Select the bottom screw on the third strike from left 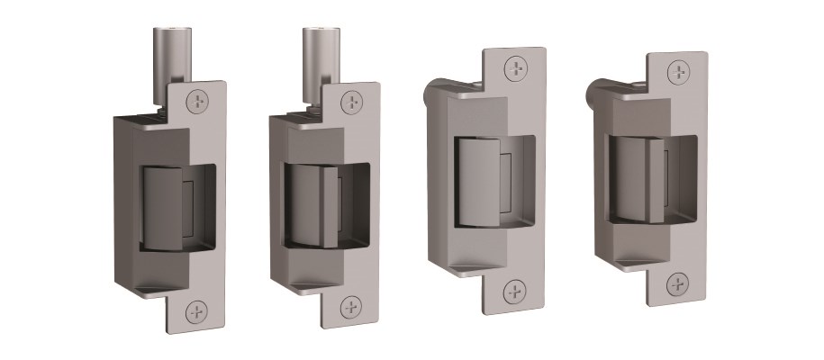click(x=515, y=291)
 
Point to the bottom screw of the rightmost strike click(x=678, y=286)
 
